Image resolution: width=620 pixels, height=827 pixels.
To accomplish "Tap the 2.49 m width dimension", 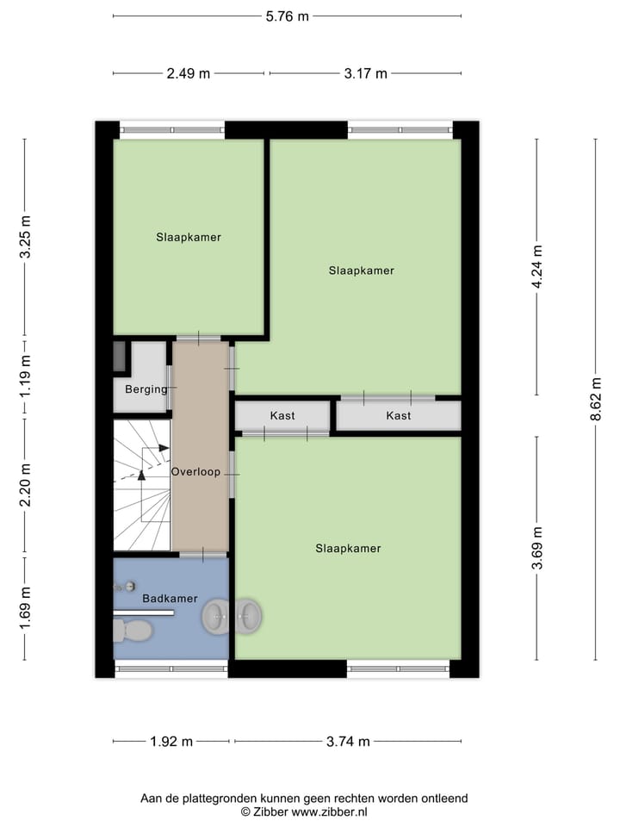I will (189, 73).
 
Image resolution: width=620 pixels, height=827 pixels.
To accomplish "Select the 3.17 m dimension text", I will (365, 73).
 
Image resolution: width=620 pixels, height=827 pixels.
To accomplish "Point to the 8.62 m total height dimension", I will (595, 398).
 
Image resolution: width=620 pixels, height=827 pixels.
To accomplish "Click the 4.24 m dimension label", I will (537, 270).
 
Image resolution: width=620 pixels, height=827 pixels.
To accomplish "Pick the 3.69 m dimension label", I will (537, 548).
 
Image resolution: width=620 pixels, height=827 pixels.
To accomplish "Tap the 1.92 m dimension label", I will (171, 741).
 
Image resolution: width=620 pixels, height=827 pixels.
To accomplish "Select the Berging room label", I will (146, 389).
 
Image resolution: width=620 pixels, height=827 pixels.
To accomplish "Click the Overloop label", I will (195, 472).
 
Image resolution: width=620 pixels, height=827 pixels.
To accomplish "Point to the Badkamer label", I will (170, 598).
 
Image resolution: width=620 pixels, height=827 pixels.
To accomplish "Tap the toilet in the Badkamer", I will (133, 631).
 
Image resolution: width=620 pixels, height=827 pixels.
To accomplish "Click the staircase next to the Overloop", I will (142, 485).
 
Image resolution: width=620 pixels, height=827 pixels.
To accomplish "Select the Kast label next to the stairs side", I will (282, 415).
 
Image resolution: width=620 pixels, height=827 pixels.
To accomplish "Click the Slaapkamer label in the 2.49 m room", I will (189, 237).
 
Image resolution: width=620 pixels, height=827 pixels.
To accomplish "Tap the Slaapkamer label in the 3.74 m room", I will (348, 548).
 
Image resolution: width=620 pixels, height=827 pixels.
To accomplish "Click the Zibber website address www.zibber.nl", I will (329, 811).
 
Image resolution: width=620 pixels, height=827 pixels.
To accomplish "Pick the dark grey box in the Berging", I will (120, 357).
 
